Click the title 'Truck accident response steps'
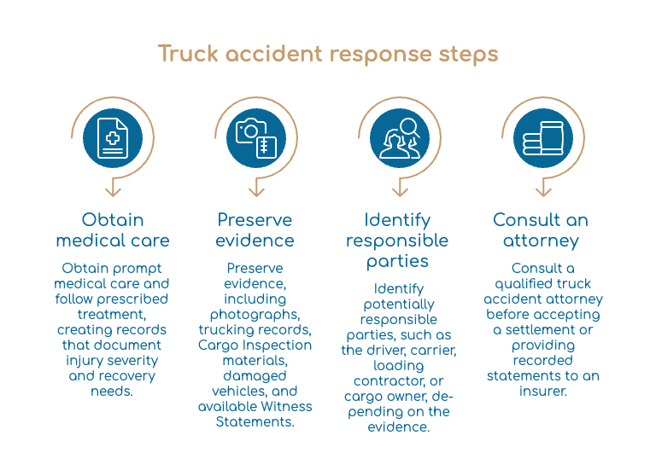click(x=328, y=54)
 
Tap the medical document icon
click(x=113, y=138)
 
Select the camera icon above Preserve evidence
click(x=256, y=138)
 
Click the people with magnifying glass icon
click(x=400, y=138)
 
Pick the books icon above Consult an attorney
click(x=543, y=138)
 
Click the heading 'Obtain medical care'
click(x=113, y=229)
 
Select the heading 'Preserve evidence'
click(x=255, y=229)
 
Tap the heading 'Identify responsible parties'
click(x=397, y=241)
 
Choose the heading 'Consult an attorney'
click(x=541, y=230)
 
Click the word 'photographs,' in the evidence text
click(x=255, y=315)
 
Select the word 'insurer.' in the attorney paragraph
click(x=543, y=392)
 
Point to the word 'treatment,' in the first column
click(x=112, y=314)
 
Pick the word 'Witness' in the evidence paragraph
click(x=287, y=406)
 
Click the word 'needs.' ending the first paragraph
click(x=112, y=392)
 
